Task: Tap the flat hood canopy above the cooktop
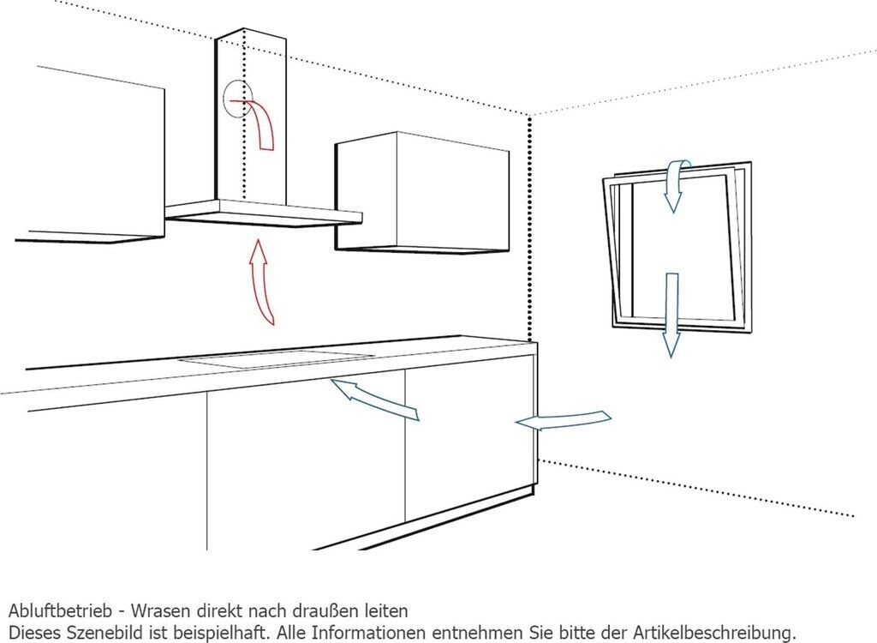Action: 265,212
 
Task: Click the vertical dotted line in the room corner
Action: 530,231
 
